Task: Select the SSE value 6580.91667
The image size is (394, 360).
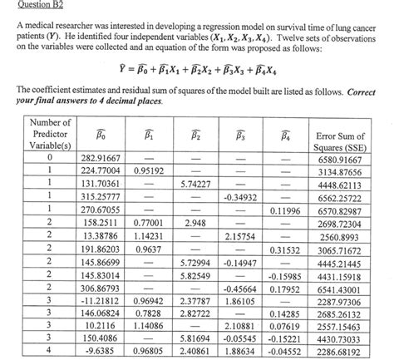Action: click(x=338, y=159)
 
